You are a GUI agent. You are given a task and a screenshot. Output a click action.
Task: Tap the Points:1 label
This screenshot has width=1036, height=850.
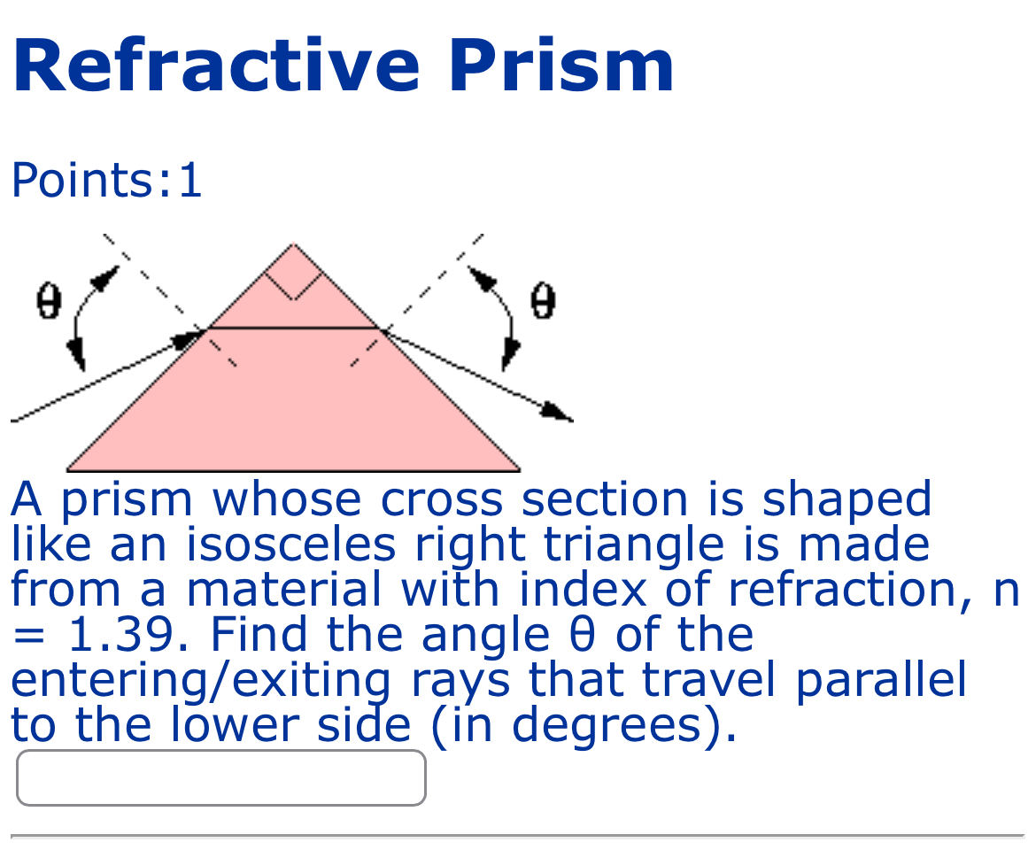coord(106,181)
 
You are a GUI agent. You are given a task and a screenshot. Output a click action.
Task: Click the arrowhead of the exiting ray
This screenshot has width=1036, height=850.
coord(558,413)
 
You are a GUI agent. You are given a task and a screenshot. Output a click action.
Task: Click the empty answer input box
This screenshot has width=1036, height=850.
coord(221,778)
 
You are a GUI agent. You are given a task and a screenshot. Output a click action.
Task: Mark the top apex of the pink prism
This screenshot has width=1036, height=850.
coord(293,245)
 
